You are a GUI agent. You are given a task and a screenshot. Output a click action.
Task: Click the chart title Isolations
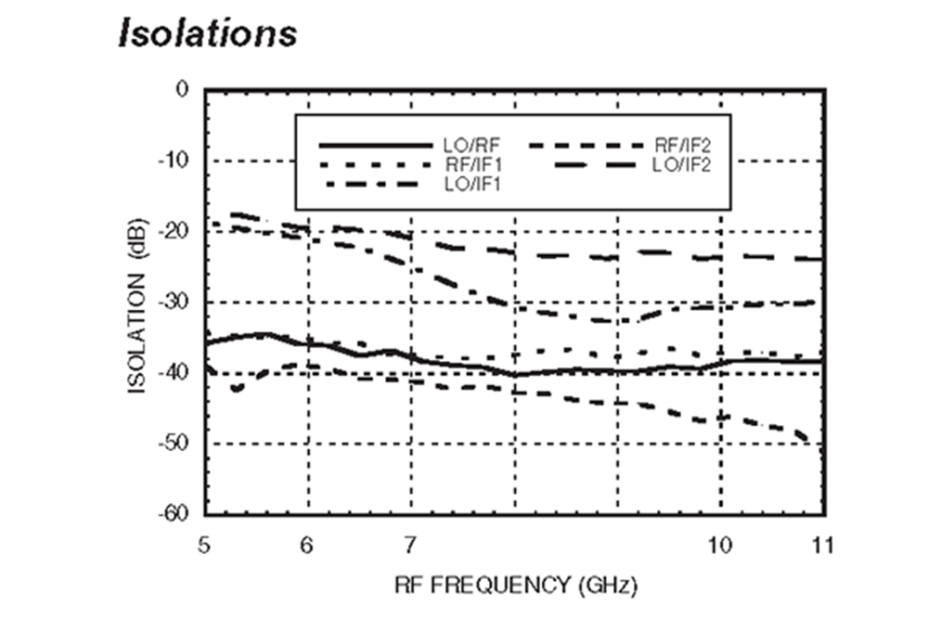[207, 32]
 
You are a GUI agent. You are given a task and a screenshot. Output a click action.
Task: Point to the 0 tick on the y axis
[183, 90]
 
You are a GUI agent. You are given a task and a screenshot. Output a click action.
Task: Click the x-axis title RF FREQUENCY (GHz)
[513, 587]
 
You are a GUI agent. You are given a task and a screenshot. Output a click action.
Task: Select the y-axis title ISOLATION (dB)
[138, 302]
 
